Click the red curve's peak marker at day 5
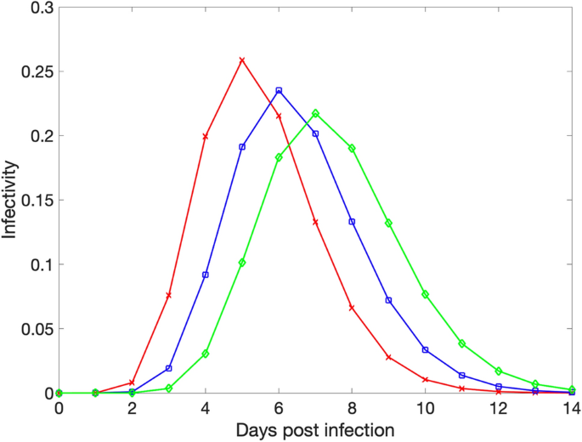coord(242,59)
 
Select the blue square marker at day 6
coord(279,90)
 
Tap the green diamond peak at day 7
coord(315,113)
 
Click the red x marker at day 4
coord(206,137)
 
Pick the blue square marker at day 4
coord(206,275)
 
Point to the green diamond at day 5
coord(242,263)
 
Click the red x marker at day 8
coord(352,308)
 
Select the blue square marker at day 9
coord(388,301)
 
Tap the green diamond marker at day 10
coord(426,295)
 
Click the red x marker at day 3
coord(168,295)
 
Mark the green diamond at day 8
coord(352,149)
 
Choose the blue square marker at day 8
coord(352,222)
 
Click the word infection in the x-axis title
coord(359,430)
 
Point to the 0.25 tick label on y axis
coord(37,71)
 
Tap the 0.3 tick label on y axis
coord(42,8)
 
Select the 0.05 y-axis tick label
coord(37,329)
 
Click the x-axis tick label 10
coord(426,409)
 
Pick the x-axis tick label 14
coord(572,409)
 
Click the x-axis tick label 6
coord(279,409)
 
